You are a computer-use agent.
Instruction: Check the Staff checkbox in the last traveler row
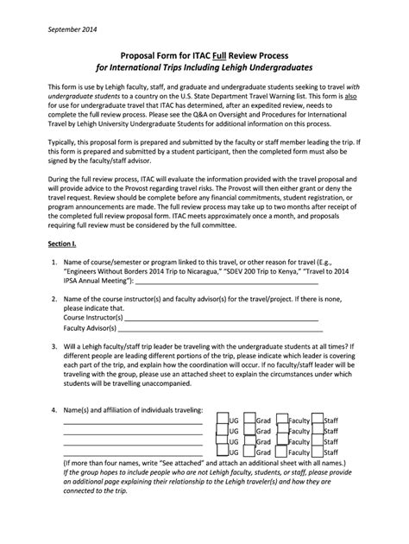[317, 451]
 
